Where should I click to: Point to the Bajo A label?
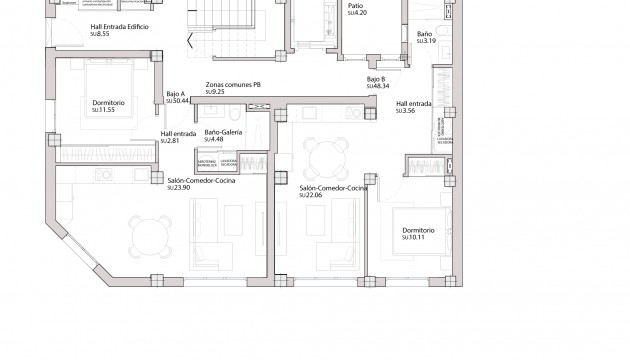pos(174,94)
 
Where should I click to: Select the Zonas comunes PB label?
pos(233,85)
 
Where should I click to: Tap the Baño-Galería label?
pos(226,132)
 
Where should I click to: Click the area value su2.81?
pos(171,141)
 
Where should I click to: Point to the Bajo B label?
pos(376,79)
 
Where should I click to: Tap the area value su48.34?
pos(377,86)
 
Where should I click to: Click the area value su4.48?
pos(217,139)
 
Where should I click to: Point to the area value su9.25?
pos(217,92)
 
